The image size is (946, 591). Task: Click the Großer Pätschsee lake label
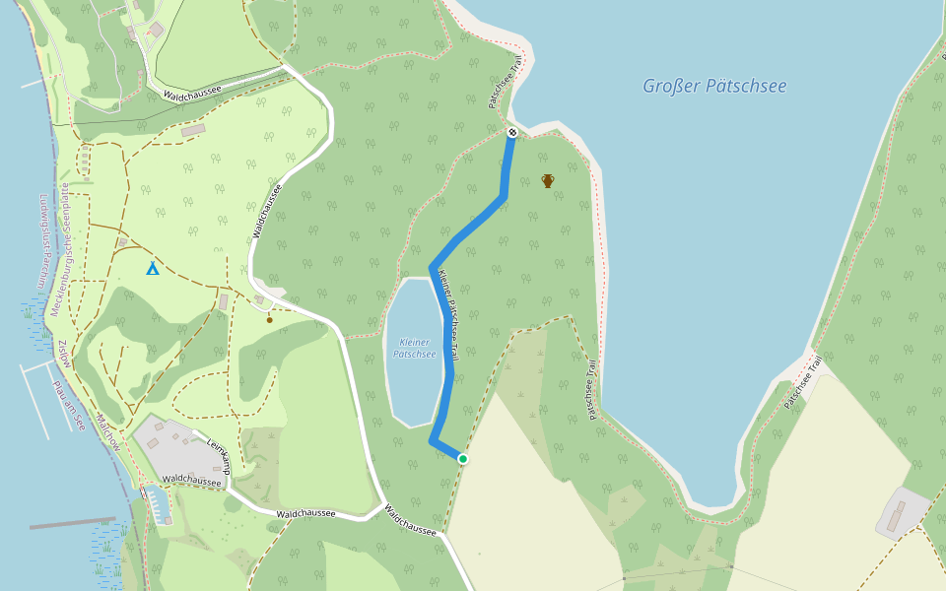point(714,86)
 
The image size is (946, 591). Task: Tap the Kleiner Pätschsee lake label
point(414,348)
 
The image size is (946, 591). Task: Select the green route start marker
point(462,458)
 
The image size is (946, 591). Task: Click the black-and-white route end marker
point(511,132)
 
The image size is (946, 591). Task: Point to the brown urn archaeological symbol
point(548,180)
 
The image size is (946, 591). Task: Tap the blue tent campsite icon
point(152,268)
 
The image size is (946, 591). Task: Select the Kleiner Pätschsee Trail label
point(449,315)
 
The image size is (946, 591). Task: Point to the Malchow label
point(108,433)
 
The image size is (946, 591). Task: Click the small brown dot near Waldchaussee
point(269,319)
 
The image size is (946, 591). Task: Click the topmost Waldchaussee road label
point(192,92)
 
